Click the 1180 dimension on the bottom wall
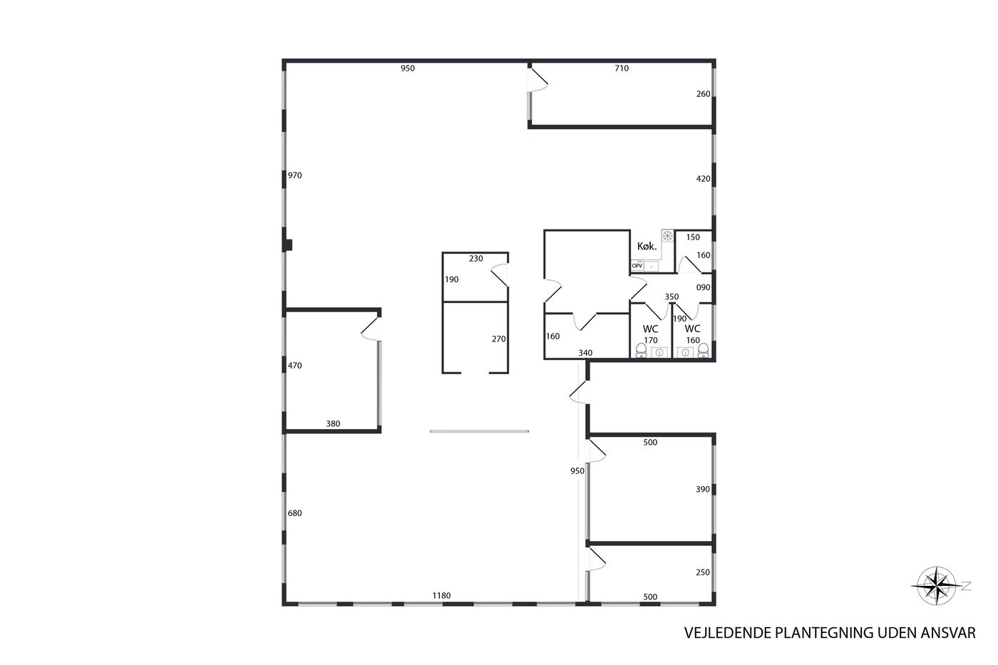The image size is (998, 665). tap(441, 596)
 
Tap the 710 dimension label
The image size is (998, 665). tap(622, 68)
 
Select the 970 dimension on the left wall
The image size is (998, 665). tap(295, 175)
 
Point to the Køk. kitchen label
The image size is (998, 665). tap(647, 246)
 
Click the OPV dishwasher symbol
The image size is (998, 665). tap(637, 266)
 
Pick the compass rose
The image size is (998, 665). tap(937, 586)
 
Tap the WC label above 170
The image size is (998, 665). tap(650, 329)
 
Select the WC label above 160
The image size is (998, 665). tap(692, 329)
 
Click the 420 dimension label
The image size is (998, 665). tap(704, 179)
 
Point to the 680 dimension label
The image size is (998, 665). tap(295, 513)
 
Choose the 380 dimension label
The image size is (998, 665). tap(334, 424)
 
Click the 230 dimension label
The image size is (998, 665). tap(476, 258)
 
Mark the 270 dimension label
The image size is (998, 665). tap(498, 339)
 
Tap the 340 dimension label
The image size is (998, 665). tap(585, 353)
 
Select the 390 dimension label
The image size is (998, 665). tap(703, 489)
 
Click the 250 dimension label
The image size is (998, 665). tap(703, 572)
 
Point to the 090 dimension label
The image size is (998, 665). tap(704, 288)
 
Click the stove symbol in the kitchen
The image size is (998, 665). tap(667, 236)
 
